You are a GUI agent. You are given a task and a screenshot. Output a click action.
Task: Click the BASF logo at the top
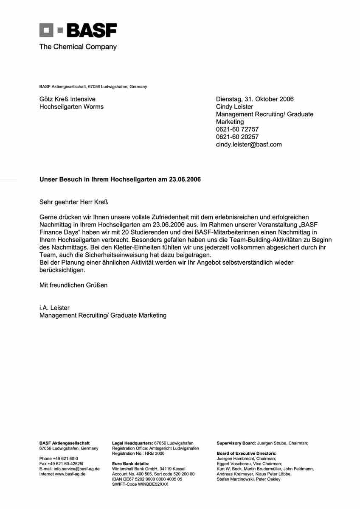[x=78, y=31]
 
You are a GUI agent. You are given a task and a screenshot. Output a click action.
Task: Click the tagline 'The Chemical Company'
[x=78, y=47]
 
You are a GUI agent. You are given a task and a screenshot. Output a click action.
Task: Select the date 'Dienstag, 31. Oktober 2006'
[x=255, y=99]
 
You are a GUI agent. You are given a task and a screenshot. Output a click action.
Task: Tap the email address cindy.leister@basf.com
[x=249, y=145]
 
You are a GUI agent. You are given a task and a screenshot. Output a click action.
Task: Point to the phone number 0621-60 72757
[x=237, y=129]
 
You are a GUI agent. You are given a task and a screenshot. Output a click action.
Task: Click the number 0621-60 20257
[x=237, y=137]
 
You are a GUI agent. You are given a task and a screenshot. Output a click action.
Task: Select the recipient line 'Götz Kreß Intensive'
[x=67, y=99]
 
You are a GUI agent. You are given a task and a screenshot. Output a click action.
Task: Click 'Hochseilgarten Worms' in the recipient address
[x=71, y=107]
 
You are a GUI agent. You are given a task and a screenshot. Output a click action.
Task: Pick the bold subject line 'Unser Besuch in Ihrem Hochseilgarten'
[x=120, y=179]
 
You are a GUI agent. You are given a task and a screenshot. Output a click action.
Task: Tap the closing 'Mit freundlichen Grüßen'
[x=73, y=285]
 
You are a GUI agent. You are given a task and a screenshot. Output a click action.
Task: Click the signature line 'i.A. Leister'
[x=54, y=308]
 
